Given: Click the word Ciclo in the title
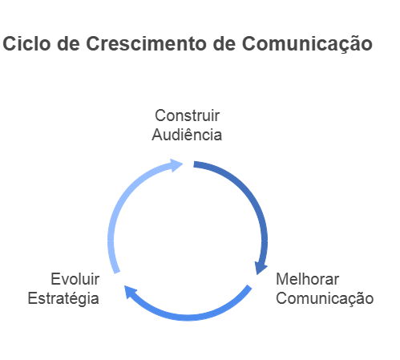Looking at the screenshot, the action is tap(26, 43).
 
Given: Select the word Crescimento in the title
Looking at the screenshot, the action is tap(147, 43).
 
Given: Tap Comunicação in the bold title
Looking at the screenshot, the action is tap(307, 44).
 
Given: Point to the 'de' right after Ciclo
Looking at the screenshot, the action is tap(68, 43).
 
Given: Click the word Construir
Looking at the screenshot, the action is tap(187, 115).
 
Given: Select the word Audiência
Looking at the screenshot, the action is tap(187, 134).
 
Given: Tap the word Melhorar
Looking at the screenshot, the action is tap(307, 279).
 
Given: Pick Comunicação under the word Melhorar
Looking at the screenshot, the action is tap(325, 299).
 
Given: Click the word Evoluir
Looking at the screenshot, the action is tap(75, 279).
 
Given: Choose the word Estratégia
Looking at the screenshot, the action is tap(63, 299).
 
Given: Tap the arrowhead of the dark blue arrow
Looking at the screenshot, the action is tap(260, 268).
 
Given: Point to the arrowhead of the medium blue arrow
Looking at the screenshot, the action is tap(130, 291).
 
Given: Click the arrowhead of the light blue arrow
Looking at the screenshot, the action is tap(176, 165).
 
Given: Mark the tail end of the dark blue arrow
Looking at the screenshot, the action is tap(194, 164).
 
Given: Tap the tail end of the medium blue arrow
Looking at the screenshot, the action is tap(249, 287).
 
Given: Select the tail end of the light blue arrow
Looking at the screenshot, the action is tap(117, 273).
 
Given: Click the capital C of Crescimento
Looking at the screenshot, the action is tap(92, 43).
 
